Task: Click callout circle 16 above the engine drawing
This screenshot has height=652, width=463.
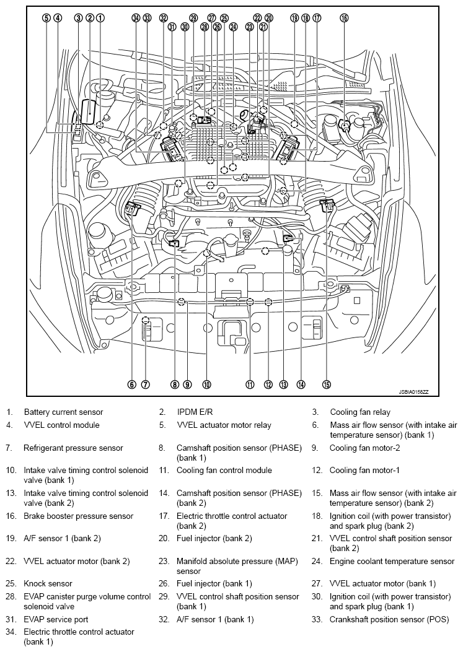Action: click(344, 19)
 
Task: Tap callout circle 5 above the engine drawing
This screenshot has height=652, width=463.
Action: click(46, 18)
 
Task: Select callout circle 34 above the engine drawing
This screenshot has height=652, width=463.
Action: click(136, 19)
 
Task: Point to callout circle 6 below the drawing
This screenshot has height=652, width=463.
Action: click(132, 385)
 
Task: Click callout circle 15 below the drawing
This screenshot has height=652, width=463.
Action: click(327, 385)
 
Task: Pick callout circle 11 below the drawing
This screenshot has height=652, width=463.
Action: click(250, 385)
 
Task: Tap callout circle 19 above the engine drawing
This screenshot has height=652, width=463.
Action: click(294, 19)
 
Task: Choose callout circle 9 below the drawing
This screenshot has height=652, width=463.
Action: click(187, 385)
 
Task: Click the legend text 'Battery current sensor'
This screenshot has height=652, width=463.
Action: click(63, 412)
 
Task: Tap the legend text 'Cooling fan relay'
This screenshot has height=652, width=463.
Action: click(359, 412)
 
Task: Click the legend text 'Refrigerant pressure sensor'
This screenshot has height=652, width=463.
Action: click(73, 448)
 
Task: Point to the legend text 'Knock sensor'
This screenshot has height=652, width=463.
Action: click(48, 583)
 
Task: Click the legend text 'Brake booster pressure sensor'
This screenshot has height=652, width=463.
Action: click(78, 516)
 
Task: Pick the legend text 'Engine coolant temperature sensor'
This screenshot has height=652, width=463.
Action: click(392, 562)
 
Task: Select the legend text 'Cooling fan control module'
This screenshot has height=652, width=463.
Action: click(224, 470)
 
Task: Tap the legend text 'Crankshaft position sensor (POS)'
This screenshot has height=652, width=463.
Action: click(390, 619)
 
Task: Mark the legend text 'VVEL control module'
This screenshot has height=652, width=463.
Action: click(61, 425)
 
